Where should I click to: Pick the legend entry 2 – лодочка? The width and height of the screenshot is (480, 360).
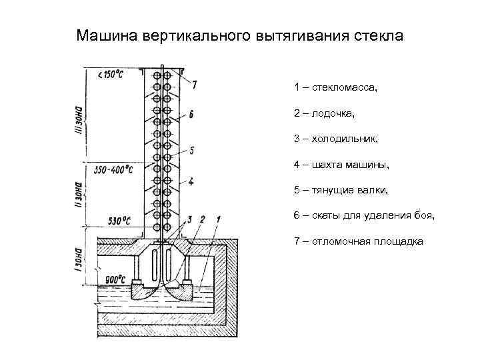coord(324,113)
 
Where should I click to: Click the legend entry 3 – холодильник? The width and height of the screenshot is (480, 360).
coord(336,139)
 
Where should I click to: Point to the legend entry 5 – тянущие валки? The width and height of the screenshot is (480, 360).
coord(340,190)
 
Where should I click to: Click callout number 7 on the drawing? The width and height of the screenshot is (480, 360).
coord(194,85)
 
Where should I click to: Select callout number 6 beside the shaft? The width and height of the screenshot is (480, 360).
coord(191,115)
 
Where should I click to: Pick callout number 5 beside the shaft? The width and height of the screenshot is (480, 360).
coord(191,151)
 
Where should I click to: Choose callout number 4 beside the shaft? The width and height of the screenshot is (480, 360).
coord(191,181)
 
